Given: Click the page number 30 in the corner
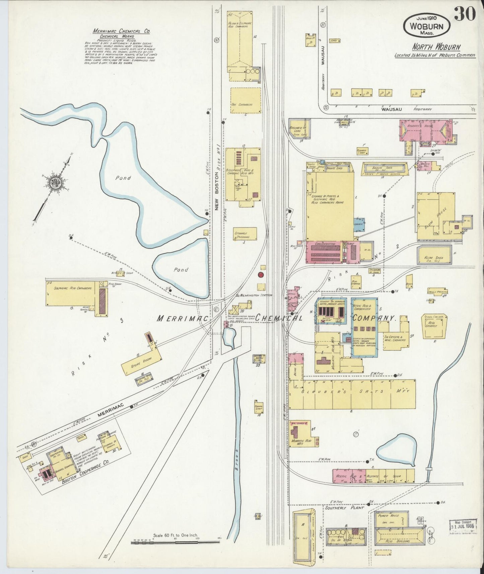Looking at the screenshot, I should tap(465, 14).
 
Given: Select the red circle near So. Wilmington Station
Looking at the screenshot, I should tap(261, 275).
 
